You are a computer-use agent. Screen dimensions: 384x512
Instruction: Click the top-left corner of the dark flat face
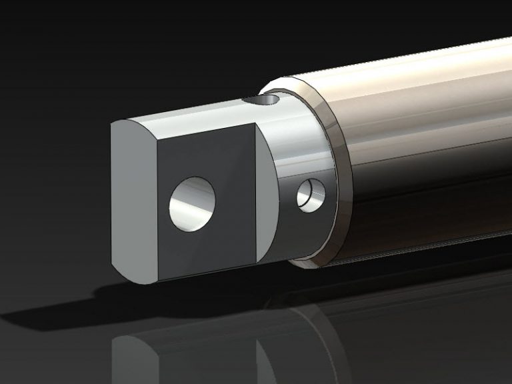click(x=156, y=141)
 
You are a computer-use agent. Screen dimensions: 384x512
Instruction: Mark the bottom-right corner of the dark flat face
click(x=257, y=264)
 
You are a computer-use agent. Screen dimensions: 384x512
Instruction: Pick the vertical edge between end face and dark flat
click(x=157, y=213)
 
